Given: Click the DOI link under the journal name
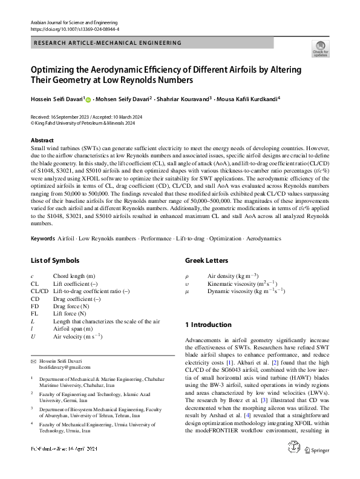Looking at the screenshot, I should click(74, 28).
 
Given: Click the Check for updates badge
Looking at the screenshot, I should click(320, 49).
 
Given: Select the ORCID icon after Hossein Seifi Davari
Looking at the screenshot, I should click(88, 99).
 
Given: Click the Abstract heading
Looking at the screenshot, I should click(42, 139).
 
